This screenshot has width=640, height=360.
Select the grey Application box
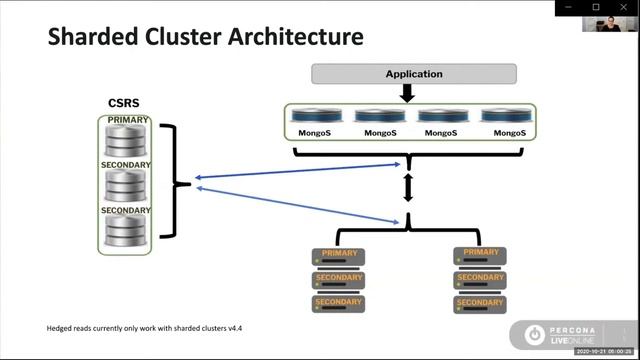pos(414,74)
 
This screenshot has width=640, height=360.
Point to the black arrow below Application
pos(407,93)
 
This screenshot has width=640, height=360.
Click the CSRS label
pos(123,104)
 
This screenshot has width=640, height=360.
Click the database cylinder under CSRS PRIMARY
pos(127,140)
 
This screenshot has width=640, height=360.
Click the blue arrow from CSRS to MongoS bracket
pos(300,171)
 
